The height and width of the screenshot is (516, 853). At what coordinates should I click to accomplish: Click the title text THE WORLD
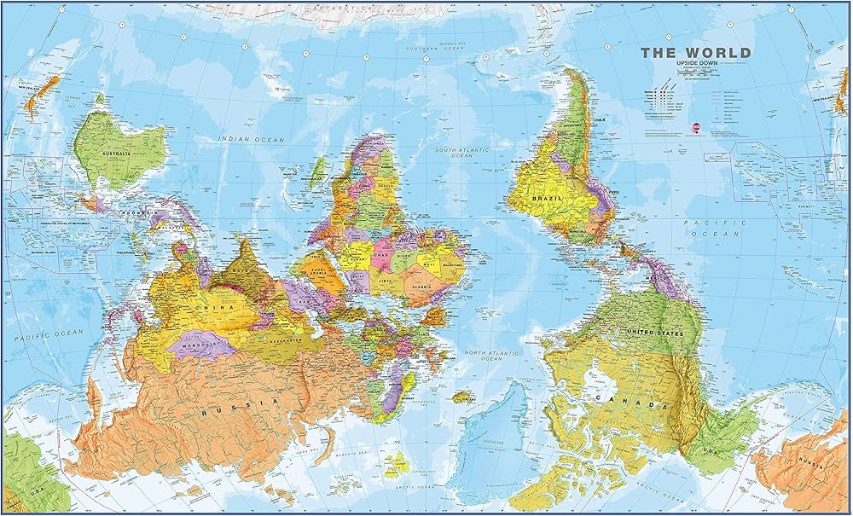(x=696, y=53)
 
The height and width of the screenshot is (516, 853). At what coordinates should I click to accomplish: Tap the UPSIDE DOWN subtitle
(x=696, y=65)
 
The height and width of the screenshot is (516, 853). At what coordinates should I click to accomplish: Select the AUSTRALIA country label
(x=118, y=154)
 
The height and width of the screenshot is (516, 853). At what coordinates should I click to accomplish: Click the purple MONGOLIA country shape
(x=201, y=345)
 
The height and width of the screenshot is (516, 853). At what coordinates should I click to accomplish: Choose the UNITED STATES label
(x=655, y=332)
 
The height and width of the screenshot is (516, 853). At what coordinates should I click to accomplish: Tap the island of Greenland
(x=495, y=426)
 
